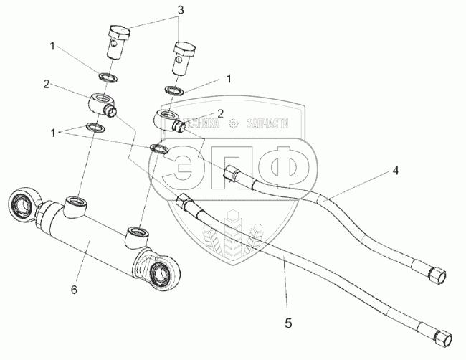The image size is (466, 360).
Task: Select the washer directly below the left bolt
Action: click(105, 76)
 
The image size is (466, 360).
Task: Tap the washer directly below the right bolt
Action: click(173, 91)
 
